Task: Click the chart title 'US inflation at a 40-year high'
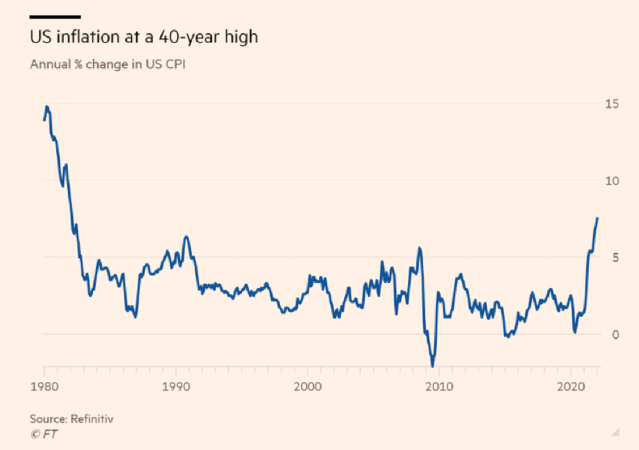pos(144,37)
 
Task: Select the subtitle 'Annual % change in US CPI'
pos(108,64)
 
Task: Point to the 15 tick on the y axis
pos(612,104)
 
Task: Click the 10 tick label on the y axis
pos(612,180)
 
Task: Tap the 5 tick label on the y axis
pos(615,257)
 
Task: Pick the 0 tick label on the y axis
pos(615,334)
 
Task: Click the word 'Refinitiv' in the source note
pos(92,419)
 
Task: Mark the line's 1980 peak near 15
pos(47,107)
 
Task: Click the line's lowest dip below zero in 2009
pos(433,366)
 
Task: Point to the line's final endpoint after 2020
pos(597,218)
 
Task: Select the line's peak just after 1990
pos(186,237)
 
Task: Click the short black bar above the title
pos(55,17)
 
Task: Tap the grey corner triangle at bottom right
pos(615,433)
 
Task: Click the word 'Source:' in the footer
pos(49,419)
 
